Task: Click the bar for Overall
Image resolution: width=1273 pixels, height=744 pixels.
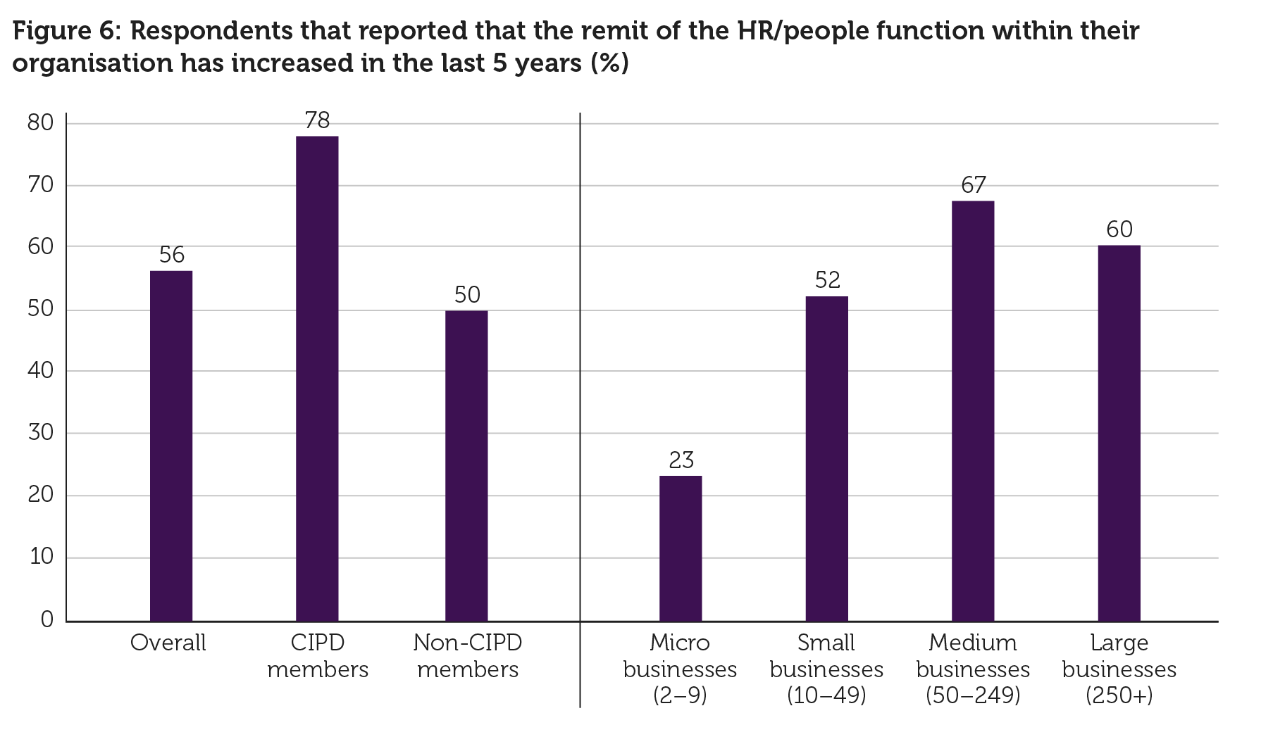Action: click(171, 446)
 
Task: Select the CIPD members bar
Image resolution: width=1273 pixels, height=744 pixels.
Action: click(317, 379)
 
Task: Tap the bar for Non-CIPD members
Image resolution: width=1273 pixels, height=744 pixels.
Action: click(466, 466)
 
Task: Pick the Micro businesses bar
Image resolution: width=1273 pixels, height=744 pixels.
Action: click(681, 548)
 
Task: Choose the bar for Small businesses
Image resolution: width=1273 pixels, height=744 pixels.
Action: click(827, 459)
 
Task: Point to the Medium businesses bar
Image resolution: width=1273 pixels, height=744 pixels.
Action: click(973, 411)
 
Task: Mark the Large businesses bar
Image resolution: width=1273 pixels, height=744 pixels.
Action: click(1119, 433)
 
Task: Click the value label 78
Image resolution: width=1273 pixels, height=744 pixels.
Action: click(317, 121)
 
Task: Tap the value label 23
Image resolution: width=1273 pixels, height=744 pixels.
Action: click(681, 460)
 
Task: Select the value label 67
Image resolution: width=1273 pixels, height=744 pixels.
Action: click(973, 185)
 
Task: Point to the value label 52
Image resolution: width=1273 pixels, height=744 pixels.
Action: click(828, 281)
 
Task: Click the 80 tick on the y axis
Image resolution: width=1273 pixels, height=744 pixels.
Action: click(40, 123)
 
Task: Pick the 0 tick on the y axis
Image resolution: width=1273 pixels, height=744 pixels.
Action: click(47, 619)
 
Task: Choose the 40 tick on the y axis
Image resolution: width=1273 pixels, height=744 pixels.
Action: click(40, 371)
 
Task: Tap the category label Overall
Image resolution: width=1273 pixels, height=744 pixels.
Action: click(168, 643)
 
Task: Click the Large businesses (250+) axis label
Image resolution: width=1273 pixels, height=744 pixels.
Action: click(1119, 669)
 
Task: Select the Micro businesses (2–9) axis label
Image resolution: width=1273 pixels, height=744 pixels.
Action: click(680, 669)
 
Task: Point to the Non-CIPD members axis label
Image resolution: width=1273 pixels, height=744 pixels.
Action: click(468, 655)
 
